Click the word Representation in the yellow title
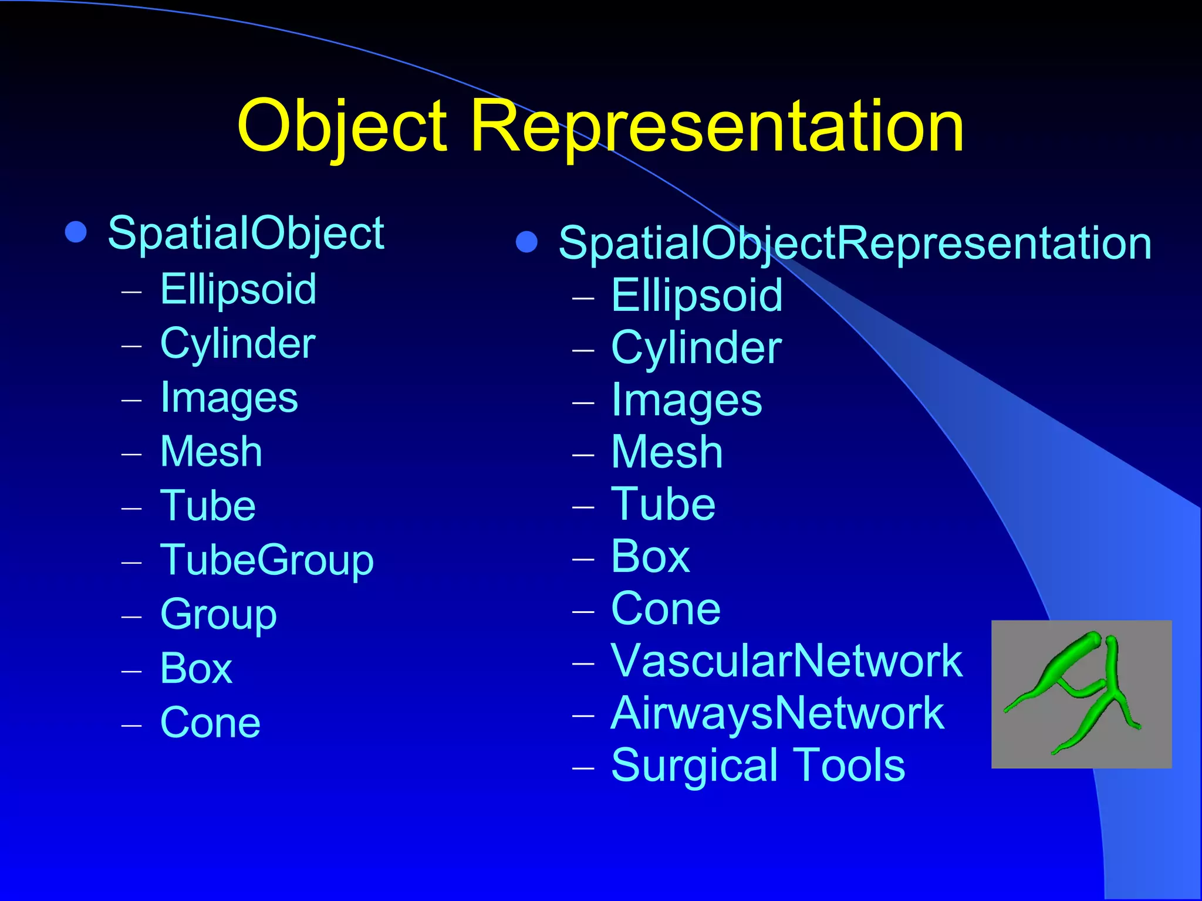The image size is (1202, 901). pos(717,127)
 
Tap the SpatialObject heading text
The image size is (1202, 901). pos(246,233)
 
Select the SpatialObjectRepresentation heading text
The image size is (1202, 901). pos(855,243)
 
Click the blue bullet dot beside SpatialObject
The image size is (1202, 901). pos(76,232)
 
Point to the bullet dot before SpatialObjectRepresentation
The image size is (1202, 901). pos(526,242)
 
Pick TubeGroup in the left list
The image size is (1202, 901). pos(267,560)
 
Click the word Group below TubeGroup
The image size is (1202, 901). pos(218,615)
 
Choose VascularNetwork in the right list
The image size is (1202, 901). pos(786,661)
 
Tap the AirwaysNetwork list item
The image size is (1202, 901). pos(778,713)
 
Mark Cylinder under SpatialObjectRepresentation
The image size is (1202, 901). pos(696,348)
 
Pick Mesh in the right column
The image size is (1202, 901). pos(667,452)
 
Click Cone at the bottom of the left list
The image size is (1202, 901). pos(210,723)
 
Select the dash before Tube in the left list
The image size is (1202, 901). pos(132,507)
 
